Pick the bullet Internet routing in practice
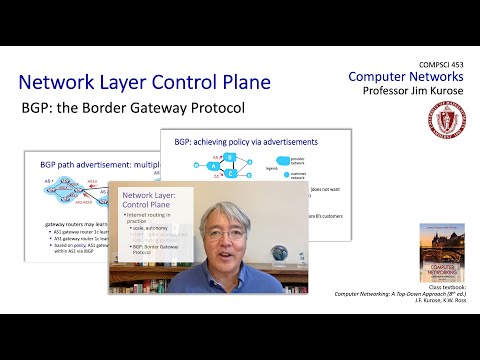click(149, 218)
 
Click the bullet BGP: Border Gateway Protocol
click(149, 269)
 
